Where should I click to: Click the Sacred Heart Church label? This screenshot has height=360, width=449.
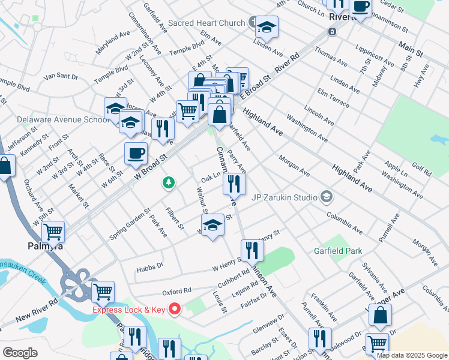(x=206, y=23)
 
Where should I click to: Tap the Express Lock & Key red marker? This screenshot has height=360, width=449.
(x=175, y=310)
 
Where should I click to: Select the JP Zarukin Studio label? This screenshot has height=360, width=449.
(x=286, y=196)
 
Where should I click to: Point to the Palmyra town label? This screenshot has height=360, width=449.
(x=46, y=245)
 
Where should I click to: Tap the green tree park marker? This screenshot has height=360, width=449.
(x=169, y=182)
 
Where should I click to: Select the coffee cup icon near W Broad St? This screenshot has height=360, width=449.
(x=136, y=153)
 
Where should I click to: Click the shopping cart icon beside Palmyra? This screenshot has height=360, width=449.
(x=53, y=230)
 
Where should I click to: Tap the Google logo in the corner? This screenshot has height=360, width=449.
(x=20, y=353)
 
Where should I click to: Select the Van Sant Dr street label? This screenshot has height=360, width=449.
(x=61, y=77)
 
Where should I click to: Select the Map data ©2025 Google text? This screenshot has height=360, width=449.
(x=412, y=355)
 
